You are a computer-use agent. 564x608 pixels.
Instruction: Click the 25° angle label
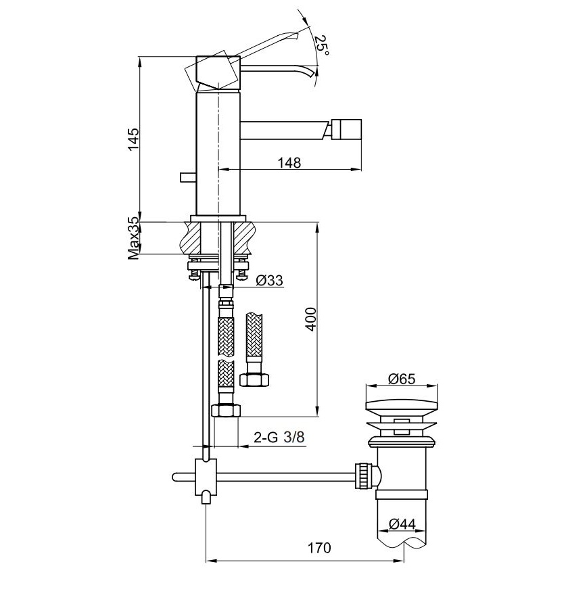tap(322, 46)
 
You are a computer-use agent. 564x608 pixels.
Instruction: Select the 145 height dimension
tap(133, 139)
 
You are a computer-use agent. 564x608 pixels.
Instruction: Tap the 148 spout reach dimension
tap(289, 162)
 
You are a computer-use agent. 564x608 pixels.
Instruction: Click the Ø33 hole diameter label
tap(270, 280)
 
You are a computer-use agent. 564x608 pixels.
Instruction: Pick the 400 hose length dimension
tap(310, 319)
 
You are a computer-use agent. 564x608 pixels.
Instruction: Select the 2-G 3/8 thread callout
tap(279, 438)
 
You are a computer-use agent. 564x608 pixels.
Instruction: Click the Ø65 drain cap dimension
tap(402, 379)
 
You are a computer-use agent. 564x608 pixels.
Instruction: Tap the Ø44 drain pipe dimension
tap(402, 524)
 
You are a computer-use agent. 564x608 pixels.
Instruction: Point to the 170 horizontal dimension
tap(319, 548)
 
